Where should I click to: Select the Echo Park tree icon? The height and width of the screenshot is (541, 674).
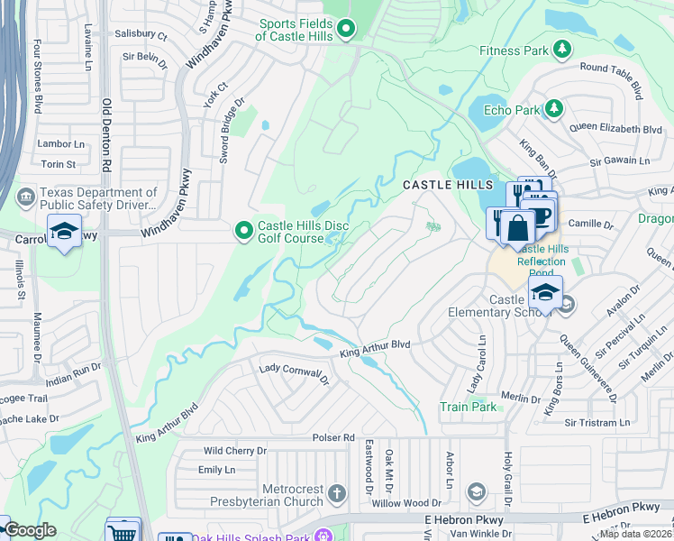point(553,110)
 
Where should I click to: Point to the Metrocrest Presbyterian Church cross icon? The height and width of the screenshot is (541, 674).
point(336,493)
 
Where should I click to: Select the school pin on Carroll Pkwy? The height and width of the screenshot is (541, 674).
point(64,232)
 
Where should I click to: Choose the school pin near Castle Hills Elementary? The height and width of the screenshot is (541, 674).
point(544,293)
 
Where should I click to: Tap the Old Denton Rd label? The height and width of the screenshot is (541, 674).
point(106,135)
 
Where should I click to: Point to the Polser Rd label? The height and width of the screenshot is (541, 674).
point(333,437)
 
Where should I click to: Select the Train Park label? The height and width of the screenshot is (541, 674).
point(468,407)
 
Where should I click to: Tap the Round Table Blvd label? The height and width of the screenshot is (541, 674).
point(611,80)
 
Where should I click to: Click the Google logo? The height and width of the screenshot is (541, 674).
point(30,530)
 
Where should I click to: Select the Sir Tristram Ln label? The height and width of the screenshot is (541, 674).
point(597,422)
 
